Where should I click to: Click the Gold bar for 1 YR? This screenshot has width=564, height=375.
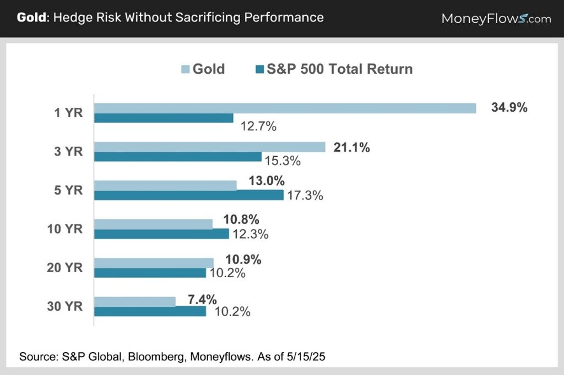(x=285, y=108)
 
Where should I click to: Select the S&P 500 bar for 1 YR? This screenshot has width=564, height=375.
(x=164, y=118)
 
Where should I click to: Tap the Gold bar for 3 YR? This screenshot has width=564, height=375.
(x=210, y=147)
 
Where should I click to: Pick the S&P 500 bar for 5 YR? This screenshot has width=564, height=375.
(x=188, y=195)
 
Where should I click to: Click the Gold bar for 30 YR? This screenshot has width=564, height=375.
(x=134, y=301)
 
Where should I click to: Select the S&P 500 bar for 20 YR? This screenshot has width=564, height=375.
(x=150, y=273)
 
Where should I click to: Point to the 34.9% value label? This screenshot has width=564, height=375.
(x=509, y=108)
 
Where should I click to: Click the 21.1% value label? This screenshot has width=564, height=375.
(x=351, y=147)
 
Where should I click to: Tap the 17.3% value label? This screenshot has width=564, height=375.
(x=305, y=195)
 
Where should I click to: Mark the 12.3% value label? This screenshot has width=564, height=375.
(x=250, y=234)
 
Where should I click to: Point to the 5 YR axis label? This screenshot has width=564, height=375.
(x=70, y=190)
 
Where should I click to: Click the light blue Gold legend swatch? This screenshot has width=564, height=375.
(x=185, y=69)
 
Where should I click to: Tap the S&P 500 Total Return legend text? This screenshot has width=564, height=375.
(x=339, y=69)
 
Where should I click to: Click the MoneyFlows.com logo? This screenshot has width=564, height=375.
(x=496, y=18)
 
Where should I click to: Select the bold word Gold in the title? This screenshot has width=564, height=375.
(x=31, y=17)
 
